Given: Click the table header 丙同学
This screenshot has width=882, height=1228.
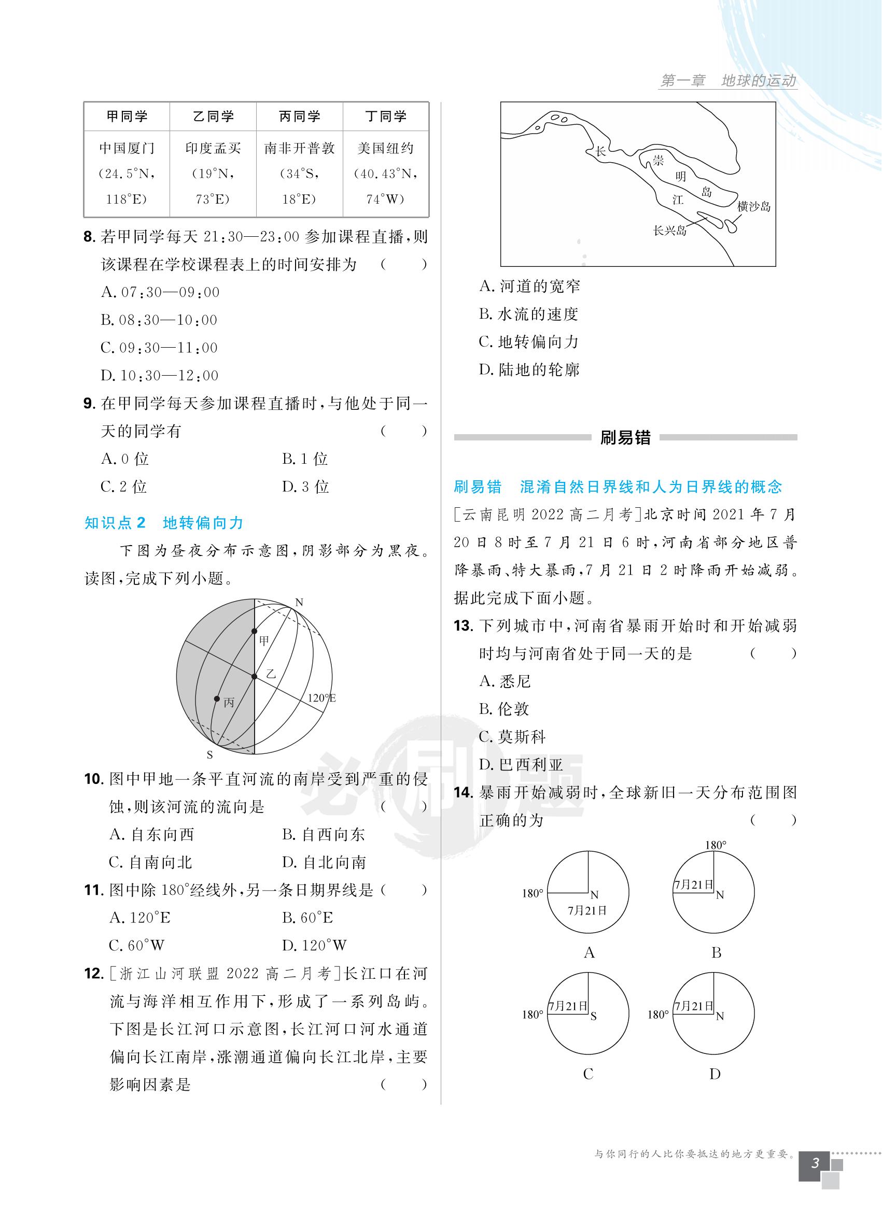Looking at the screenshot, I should coord(299,117).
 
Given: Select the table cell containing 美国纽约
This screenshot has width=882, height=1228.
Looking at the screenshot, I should coord(385,173).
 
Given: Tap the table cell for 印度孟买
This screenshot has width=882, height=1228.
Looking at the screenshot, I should coord(213,173).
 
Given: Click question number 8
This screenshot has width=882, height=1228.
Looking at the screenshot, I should coord(90,237).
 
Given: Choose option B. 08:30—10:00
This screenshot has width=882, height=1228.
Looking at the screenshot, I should coord(159,320).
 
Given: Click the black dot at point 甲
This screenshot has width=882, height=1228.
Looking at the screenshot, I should coord(254,631).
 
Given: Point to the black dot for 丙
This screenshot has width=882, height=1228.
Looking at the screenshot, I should coord(217,699).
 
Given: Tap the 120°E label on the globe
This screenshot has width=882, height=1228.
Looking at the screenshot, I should coord(321,698).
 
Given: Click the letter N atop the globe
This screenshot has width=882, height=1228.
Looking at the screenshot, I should coord(299,603).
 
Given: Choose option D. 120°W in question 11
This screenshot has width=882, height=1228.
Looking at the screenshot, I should coord(314,946).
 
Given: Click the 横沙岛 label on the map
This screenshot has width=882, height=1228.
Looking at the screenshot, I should coord(753,206).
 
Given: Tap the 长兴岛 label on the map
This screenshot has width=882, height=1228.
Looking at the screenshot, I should coord(669,231).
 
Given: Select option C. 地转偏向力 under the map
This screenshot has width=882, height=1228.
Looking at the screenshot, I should coord(529,342).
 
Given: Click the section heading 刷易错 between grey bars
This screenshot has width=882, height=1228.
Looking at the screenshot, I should coord(625,437).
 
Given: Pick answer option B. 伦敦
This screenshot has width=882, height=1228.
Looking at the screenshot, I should coord(504,709).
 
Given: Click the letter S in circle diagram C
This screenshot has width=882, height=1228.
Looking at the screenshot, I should coord(593,1016).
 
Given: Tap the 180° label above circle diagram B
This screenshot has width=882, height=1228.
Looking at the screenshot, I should coord(715,845).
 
